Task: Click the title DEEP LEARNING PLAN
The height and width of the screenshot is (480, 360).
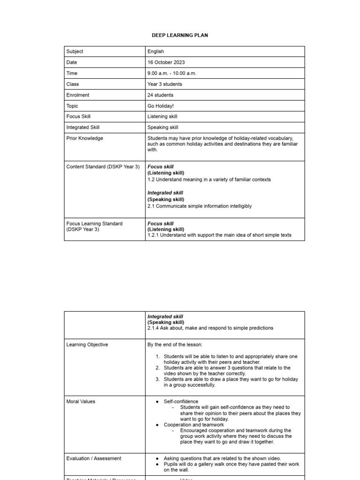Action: pos(180,35)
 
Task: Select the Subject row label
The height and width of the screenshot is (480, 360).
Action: pos(75,52)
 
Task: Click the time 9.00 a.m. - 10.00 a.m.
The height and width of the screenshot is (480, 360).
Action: pos(172,73)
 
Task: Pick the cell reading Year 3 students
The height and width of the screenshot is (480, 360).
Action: pos(165,84)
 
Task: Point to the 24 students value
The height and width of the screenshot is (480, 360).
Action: pos(160,95)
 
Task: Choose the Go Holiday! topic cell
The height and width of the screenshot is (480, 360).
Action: pos(160,106)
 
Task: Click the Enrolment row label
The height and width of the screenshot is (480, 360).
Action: pos(78,95)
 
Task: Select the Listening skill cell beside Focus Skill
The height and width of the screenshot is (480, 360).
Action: pos(162,117)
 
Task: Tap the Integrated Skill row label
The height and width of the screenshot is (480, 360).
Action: pos(83,127)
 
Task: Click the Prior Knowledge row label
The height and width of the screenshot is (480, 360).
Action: pos(85,138)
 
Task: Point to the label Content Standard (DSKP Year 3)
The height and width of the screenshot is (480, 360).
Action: pos(103,167)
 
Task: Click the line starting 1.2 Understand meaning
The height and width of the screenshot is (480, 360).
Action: pos(209,180)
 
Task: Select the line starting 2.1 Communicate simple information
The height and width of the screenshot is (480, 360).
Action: pos(199,206)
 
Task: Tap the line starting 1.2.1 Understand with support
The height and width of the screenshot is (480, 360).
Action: pos(219,235)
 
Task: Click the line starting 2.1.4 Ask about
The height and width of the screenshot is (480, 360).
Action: pos(210,328)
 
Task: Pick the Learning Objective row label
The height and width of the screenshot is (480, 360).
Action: pos(87,345)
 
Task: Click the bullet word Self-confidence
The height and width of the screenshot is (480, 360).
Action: pos(181,402)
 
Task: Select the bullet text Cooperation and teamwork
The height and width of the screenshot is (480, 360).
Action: pos(194,425)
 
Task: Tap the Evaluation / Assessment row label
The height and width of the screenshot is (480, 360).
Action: pos(94,458)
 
